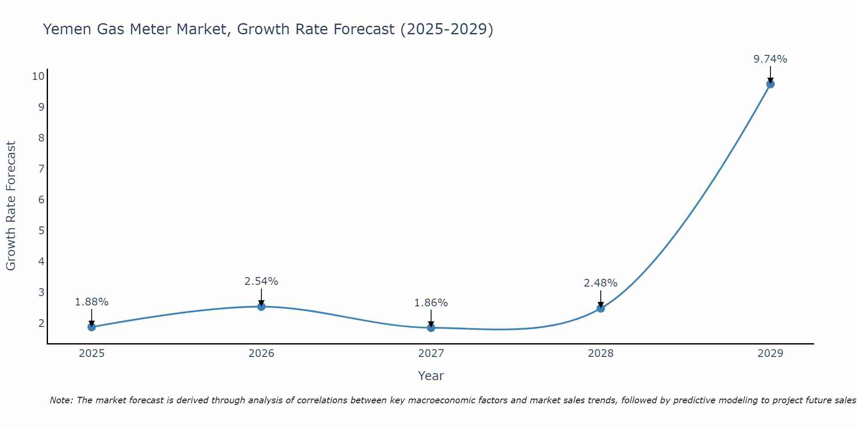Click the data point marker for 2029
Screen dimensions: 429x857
coord(770,84)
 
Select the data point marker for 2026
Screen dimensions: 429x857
coord(261,306)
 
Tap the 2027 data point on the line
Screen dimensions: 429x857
coord(431,328)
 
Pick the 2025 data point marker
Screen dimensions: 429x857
coord(92,327)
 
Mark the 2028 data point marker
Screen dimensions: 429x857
coord(601,308)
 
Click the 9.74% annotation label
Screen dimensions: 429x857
coord(770,59)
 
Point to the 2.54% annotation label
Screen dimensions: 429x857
coord(261,281)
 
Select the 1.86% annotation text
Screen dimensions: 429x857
coord(431,303)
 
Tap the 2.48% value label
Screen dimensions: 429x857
coord(601,283)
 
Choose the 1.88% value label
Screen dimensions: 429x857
coord(92,302)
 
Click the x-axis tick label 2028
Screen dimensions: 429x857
coord(601,353)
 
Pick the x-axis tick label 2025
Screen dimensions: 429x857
coord(92,353)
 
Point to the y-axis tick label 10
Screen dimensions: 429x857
coord(38,76)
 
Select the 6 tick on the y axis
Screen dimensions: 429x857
coord(41,200)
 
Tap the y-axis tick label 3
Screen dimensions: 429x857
coord(41,293)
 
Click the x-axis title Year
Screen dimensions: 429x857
coord(431,376)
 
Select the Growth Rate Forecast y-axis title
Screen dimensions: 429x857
coord(11,206)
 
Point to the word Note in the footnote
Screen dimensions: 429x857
coord(60,400)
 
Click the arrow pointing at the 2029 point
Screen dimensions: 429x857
coord(770,74)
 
